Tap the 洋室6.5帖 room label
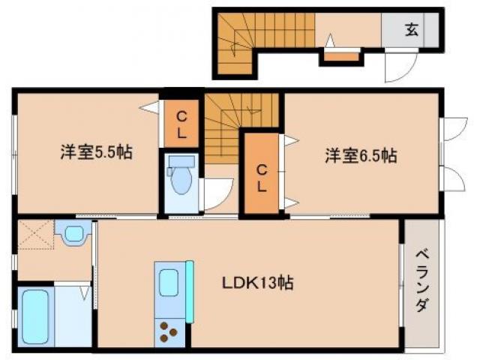361,157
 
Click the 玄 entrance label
412,30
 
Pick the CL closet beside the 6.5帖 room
262,175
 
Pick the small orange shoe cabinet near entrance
341,55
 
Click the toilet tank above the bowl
180,161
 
